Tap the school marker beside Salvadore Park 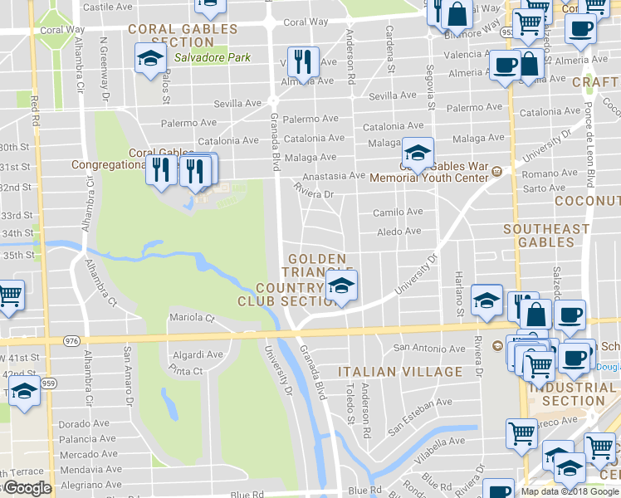coord(149,59)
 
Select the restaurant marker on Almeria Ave coord(301,61)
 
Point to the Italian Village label coord(400,371)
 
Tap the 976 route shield coord(70,340)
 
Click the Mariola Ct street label coord(192,318)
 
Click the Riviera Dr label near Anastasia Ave coord(315,194)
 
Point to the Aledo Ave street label coord(399,232)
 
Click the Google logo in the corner coord(27,488)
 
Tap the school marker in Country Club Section coord(340,287)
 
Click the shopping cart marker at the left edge coord(9,295)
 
